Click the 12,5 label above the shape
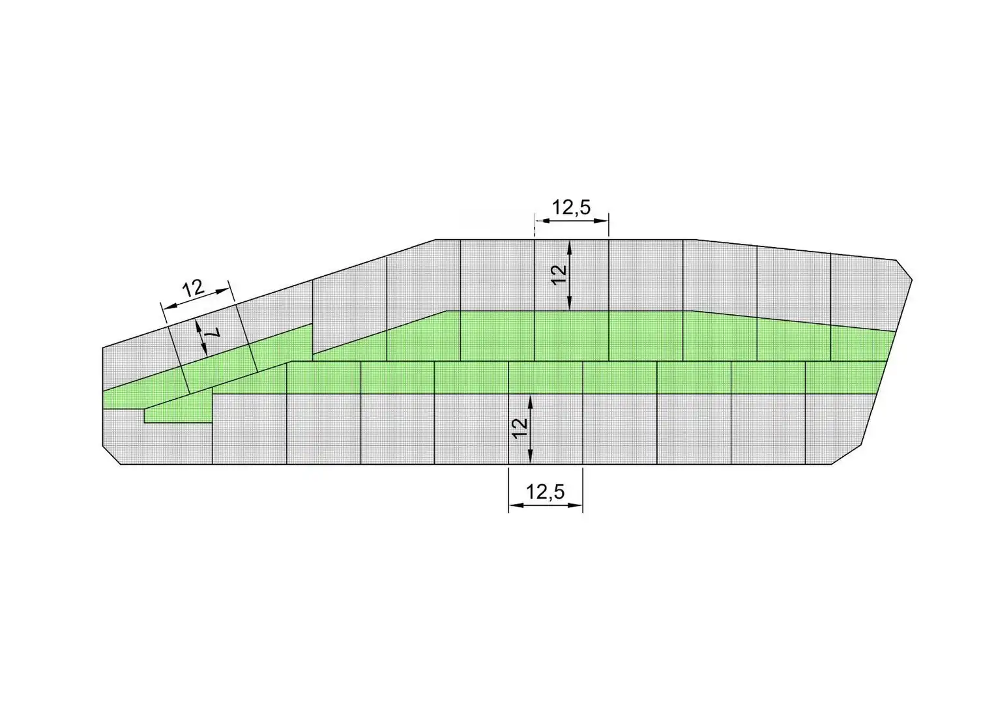(571, 207)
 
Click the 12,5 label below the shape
(545, 492)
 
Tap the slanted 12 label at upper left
(193, 289)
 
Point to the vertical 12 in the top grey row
(559, 274)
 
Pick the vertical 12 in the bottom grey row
(520, 428)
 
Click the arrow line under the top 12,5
(572, 220)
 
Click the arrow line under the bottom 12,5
(546, 505)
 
